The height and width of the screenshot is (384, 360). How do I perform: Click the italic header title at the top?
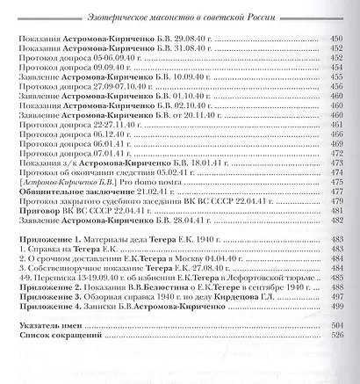(x=180, y=11)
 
